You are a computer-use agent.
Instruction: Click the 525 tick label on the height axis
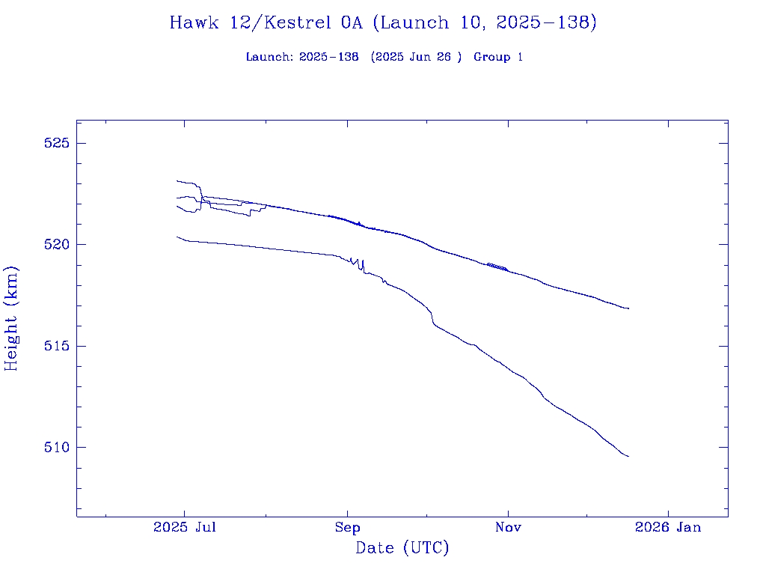pos(55,143)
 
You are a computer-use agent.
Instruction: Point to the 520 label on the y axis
pos(55,245)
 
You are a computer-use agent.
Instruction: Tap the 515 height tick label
pos(55,346)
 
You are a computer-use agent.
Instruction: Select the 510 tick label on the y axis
pos(55,448)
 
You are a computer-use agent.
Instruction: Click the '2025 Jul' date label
pos(185,528)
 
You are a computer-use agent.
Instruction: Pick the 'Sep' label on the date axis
pos(348,528)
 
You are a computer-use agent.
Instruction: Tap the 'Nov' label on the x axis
pos(508,528)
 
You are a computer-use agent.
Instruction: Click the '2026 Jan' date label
pos(668,528)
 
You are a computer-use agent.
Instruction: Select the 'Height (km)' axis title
pos(11,318)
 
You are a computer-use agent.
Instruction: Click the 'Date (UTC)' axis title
pos(402,548)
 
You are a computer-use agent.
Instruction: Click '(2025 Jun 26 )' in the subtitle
pos(417,58)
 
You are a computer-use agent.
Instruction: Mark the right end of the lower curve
pos(628,456)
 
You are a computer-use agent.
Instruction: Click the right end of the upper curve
pos(628,308)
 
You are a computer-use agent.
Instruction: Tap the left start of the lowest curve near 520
pos(177,237)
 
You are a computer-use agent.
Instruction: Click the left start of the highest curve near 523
pos(177,180)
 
